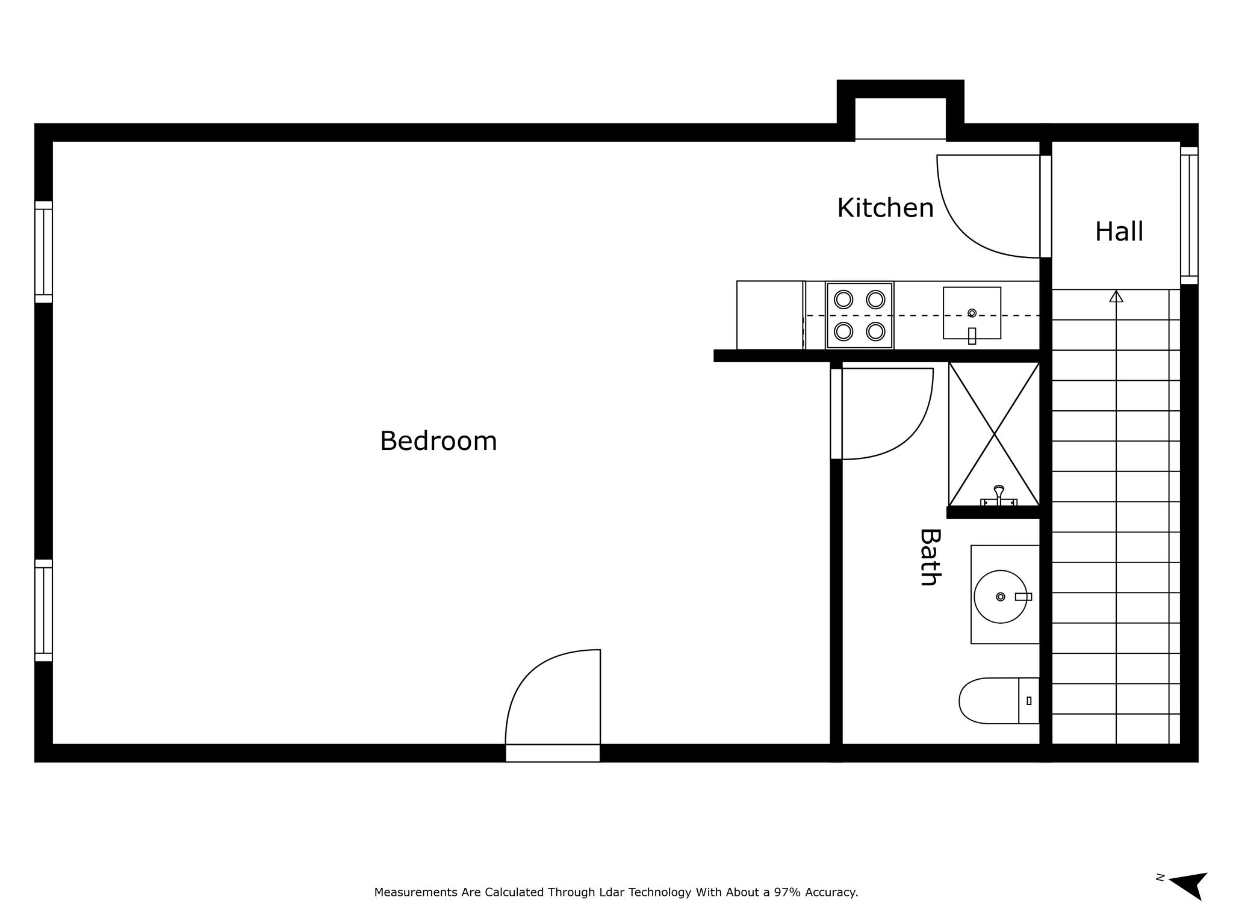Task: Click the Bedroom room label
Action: click(438, 441)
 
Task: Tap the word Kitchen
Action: click(885, 208)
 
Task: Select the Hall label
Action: click(1119, 232)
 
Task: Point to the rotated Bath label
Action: click(930, 557)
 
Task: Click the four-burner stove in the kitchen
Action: click(859, 315)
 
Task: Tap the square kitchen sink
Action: click(972, 313)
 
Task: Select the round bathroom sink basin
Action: click(1000, 596)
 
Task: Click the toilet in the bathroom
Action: click(999, 701)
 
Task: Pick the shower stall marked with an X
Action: click(994, 434)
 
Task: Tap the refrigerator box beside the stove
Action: click(771, 315)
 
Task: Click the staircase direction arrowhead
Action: click(1116, 296)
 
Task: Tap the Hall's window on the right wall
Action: click(1189, 215)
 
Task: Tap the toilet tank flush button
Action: click(1029, 701)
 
